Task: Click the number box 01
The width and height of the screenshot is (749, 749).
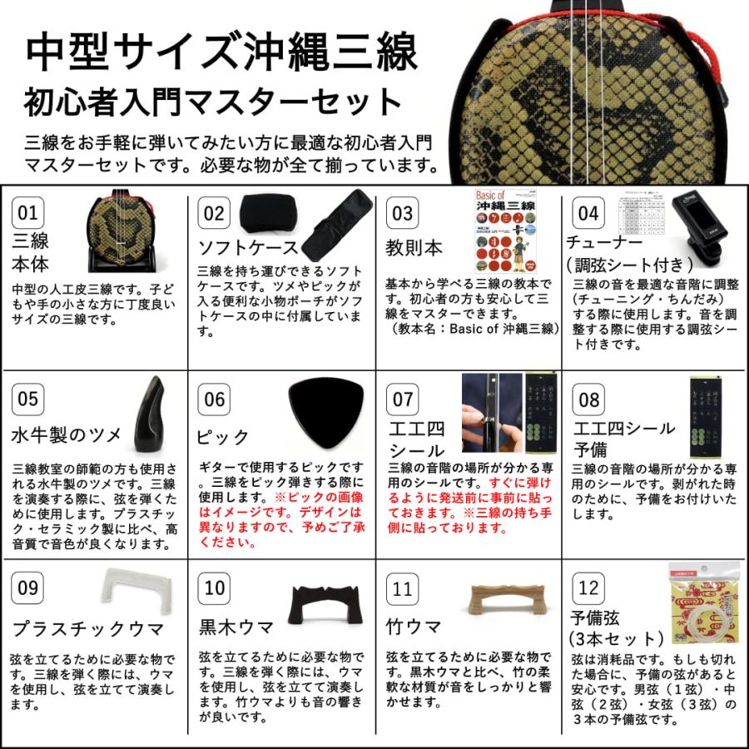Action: tap(28, 213)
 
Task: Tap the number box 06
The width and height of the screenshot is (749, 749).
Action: tap(215, 399)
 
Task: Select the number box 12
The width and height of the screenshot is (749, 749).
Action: tap(588, 588)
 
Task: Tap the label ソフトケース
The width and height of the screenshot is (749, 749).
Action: tap(247, 247)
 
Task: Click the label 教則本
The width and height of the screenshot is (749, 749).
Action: tap(414, 248)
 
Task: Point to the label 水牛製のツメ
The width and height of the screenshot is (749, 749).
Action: tap(67, 434)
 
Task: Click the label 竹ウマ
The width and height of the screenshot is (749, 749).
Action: tap(414, 625)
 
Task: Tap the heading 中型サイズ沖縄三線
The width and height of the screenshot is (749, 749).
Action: tap(222, 53)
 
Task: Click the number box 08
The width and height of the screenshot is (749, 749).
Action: tap(588, 399)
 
